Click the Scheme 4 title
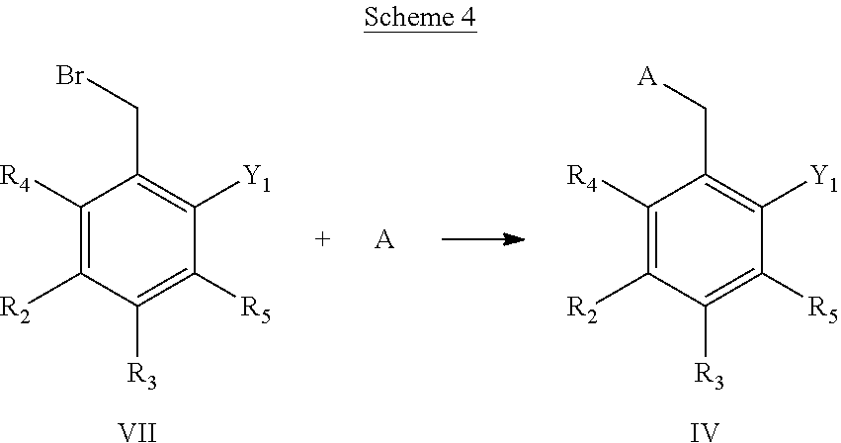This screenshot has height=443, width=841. tap(420, 17)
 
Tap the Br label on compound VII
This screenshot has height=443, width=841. tap(70, 76)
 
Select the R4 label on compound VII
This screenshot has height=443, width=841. tap(15, 177)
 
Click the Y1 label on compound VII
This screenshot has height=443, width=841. tap(257, 177)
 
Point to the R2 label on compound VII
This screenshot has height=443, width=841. tap(15, 310)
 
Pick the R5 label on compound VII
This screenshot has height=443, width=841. tap(256, 310)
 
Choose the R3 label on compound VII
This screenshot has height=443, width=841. tap(141, 375)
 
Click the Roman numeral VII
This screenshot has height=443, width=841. tap(137, 432)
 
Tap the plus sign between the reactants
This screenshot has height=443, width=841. tap(322, 239)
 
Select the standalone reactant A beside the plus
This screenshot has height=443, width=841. tap(384, 239)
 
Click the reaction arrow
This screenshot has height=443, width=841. tap(483, 239)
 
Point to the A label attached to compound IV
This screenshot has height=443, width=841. tap(647, 77)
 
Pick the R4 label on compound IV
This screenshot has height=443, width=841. tap(582, 177)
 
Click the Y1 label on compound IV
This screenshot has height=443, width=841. tap(824, 177)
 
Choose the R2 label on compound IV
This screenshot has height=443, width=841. tap(582, 310)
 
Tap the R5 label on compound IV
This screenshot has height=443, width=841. tap(823, 310)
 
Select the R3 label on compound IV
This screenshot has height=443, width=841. tap(709, 375)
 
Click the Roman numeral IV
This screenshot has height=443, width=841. tap(705, 432)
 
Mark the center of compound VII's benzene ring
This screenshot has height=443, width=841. tap(137, 240)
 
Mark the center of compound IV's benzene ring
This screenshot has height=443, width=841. tap(705, 240)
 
